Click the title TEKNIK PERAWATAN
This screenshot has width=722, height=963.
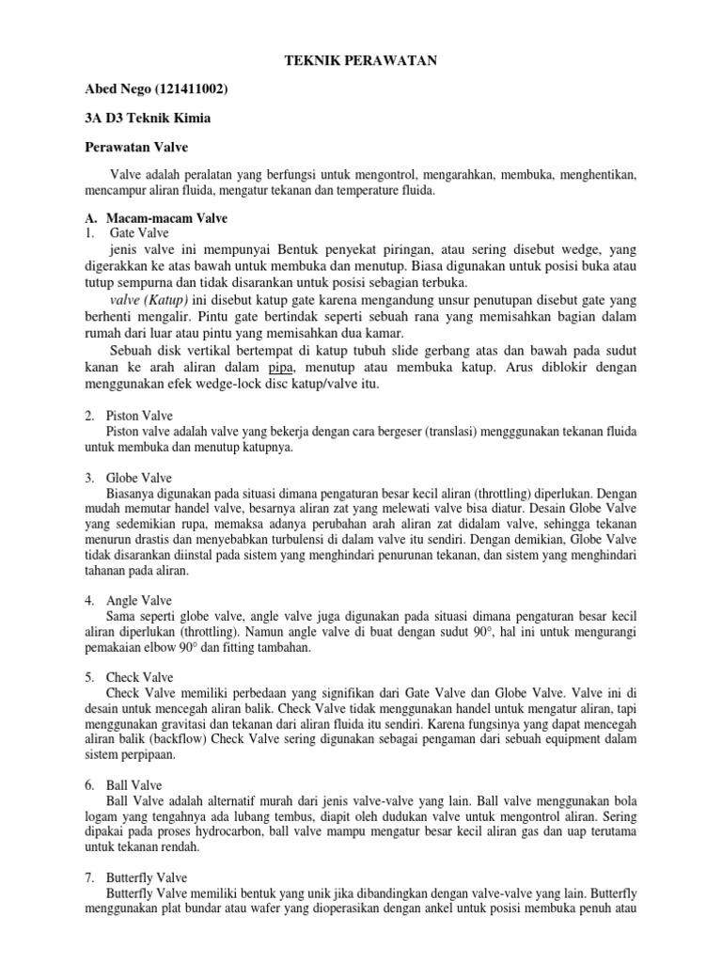pyautogui.click(x=361, y=61)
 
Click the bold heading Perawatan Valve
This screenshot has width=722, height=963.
pyautogui.click(x=137, y=148)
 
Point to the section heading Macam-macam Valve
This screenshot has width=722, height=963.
pyautogui.click(x=166, y=218)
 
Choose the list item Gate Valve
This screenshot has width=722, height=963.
pyautogui.click(x=139, y=233)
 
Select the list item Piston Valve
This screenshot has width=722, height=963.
pyautogui.click(x=139, y=415)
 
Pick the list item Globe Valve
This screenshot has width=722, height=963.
pyautogui.click(x=140, y=478)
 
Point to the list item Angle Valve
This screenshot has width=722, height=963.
pyautogui.click(x=139, y=600)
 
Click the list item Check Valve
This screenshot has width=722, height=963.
pyautogui.click(x=139, y=677)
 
